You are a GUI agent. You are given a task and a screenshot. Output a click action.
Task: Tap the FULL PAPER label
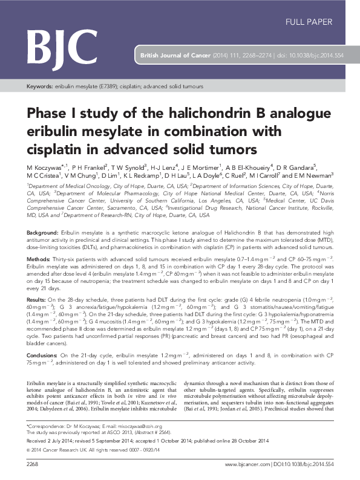[x=309, y=22]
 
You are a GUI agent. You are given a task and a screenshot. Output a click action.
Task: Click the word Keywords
[x=41, y=87]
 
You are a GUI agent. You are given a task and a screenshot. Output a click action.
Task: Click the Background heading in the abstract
[x=42, y=216]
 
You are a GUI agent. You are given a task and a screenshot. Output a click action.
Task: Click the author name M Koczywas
[x=44, y=166]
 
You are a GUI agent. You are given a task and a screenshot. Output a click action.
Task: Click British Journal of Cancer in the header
[x=174, y=54]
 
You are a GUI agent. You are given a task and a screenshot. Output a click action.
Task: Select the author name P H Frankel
[x=89, y=166]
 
